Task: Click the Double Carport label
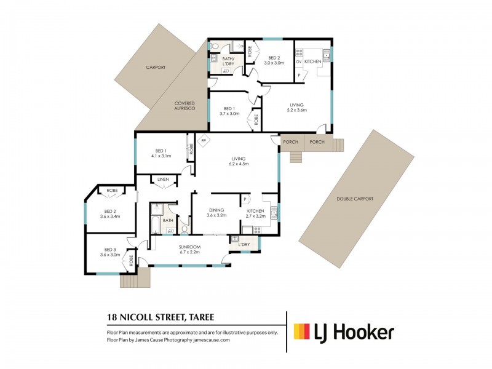click(x=355, y=199)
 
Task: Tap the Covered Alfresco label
click(x=184, y=106)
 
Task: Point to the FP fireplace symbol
click(x=204, y=140)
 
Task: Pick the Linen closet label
click(x=162, y=180)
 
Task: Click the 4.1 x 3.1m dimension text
click(x=161, y=156)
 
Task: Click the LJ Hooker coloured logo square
click(x=301, y=332)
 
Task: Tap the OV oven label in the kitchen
click(x=299, y=61)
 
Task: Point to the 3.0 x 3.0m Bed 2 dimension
click(x=274, y=63)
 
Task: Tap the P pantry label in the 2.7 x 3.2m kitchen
click(x=245, y=199)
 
